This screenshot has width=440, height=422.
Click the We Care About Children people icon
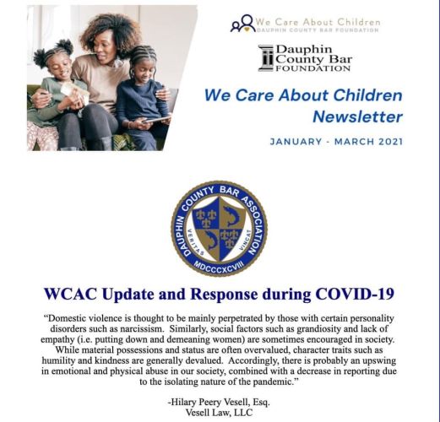(x=242, y=24)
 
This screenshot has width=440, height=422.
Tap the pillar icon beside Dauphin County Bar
(x=266, y=58)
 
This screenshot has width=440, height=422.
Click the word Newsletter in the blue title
(x=357, y=116)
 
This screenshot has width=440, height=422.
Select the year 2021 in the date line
(x=391, y=142)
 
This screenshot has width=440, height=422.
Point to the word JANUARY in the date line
(x=296, y=142)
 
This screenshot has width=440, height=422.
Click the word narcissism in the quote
(x=141, y=329)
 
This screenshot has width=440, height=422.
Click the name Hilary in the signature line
(x=183, y=403)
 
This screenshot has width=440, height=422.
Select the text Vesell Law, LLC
(x=219, y=413)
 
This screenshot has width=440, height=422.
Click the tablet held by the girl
(x=157, y=119)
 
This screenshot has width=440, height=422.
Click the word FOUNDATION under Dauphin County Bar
(x=313, y=68)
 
